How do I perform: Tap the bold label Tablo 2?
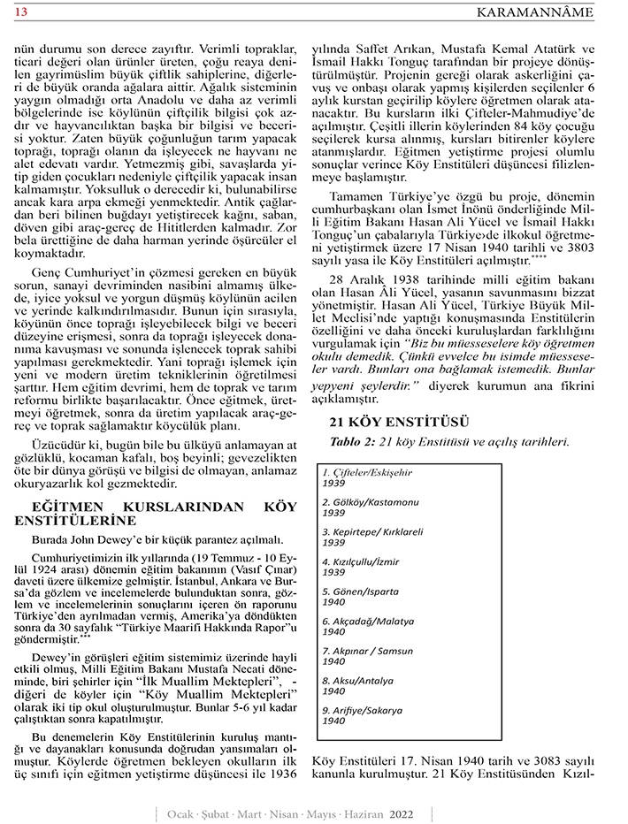[x=352, y=441]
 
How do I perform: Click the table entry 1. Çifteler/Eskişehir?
[x=367, y=473]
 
